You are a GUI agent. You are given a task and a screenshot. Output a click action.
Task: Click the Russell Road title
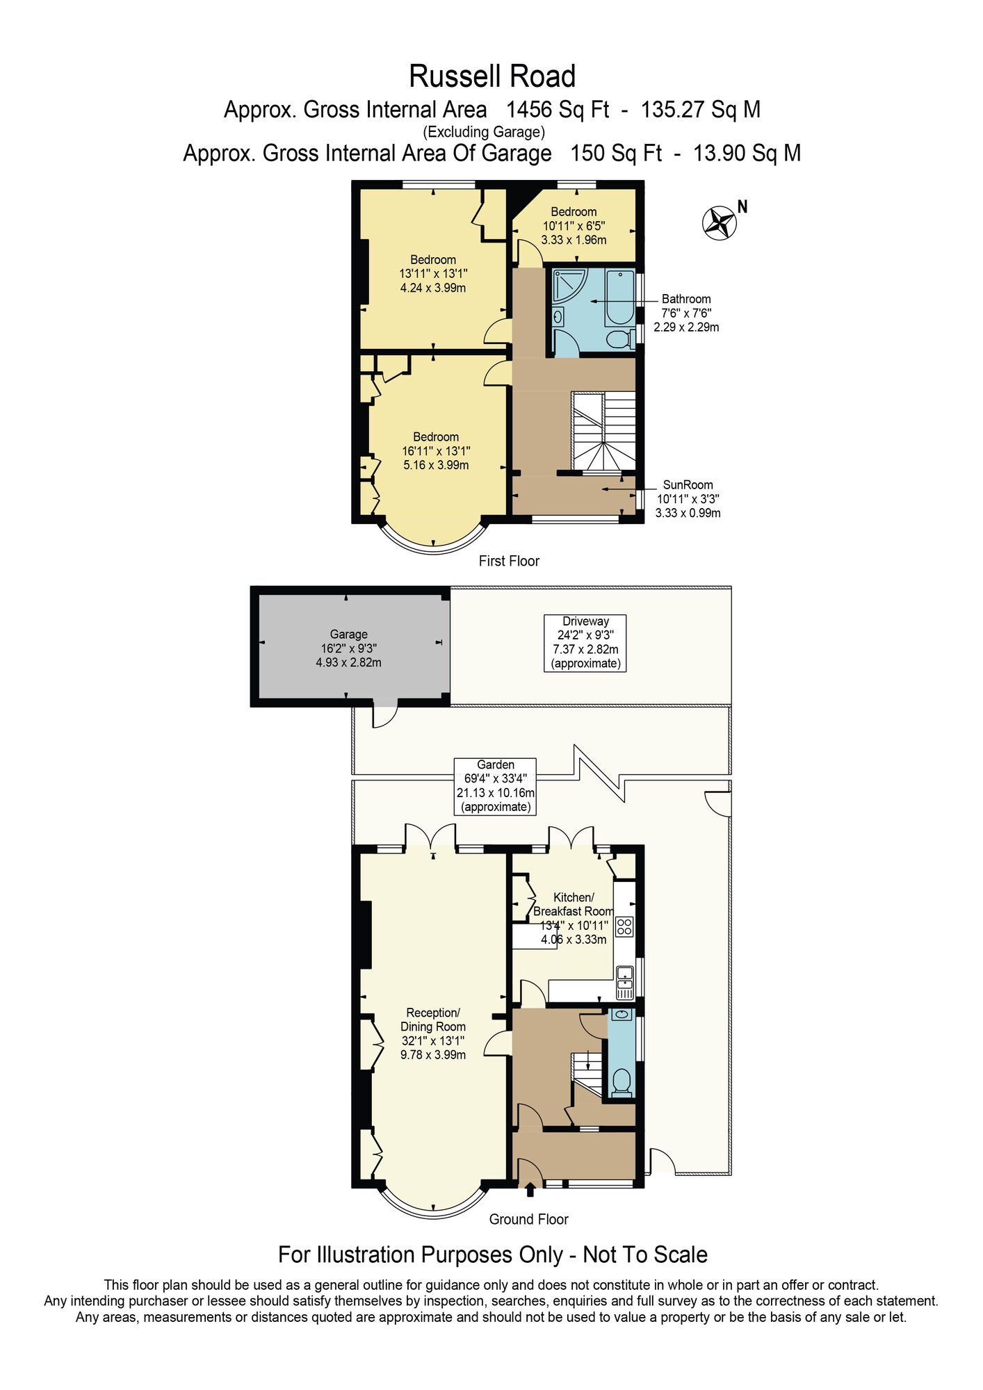[x=491, y=76]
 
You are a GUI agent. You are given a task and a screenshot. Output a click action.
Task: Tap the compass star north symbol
[x=719, y=223]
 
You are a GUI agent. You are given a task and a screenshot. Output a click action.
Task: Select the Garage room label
[x=348, y=648]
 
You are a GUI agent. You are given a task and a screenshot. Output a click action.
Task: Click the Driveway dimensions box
[x=585, y=642]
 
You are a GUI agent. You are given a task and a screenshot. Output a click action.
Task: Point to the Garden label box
[x=495, y=785]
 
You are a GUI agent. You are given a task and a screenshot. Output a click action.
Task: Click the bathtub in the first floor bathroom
[x=619, y=297]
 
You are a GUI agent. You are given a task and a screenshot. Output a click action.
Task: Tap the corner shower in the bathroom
[x=569, y=285]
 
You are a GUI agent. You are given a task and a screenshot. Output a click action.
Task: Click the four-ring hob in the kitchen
[x=624, y=926]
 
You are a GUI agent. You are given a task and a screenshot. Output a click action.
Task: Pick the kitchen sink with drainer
[x=624, y=983]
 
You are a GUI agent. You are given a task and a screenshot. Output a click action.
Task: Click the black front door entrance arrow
[x=530, y=1190]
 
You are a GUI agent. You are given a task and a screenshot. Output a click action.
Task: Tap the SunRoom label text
[x=688, y=485]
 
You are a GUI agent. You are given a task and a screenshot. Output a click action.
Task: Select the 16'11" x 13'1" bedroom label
[x=436, y=451]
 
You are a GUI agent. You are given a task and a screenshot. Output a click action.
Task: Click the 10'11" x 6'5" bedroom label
[x=574, y=226]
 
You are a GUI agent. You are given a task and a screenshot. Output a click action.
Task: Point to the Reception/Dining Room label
[x=432, y=1033]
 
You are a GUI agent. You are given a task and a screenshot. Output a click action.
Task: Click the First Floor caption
[x=509, y=561]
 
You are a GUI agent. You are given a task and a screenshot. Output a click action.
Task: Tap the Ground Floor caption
[x=528, y=1219]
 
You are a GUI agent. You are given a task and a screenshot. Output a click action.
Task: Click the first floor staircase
[x=603, y=431]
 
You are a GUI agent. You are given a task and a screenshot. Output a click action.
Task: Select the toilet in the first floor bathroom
[x=617, y=339]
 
